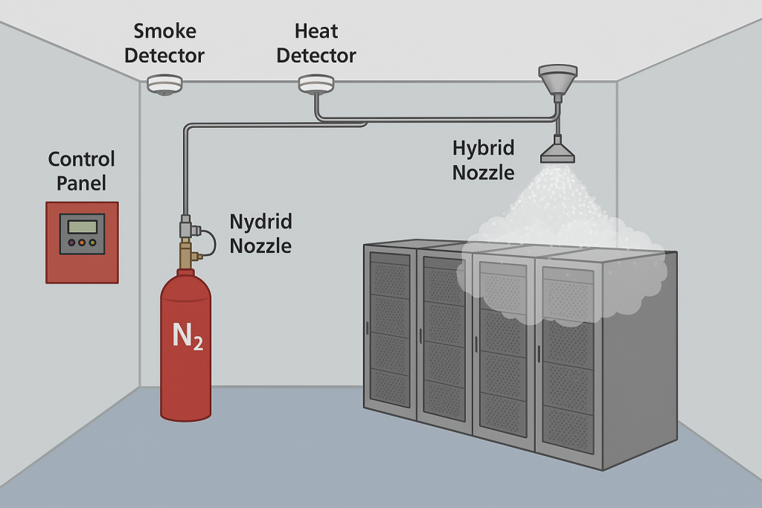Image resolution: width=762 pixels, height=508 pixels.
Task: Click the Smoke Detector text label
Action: coord(164,43)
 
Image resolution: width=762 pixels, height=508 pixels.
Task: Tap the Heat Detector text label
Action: coord(316,43)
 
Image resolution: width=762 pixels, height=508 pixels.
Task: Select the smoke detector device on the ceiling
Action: coord(164,84)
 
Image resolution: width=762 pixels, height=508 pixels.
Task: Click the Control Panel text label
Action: coord(82,171)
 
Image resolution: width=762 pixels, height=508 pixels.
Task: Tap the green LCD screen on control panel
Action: coord(82,225)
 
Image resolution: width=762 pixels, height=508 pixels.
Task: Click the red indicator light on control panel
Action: coord(71,242)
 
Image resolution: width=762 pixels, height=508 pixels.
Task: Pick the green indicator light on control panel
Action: coord(92,242)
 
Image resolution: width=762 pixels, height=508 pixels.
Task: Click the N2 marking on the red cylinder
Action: coord(188,336)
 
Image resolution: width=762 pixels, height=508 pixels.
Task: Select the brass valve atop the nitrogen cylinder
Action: coord(186,256)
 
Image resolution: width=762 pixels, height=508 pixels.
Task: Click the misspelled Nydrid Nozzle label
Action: coord(260,234)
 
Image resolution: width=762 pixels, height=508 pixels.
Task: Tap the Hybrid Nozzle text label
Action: coord(484,160)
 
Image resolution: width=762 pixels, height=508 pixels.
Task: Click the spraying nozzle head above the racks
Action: coord(557,152)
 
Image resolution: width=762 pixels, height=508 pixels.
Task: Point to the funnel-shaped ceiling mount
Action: coord(557,78)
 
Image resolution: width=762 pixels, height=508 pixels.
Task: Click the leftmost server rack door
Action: coord(390,327)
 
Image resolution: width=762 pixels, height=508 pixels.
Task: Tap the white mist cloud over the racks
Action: coord(558,253)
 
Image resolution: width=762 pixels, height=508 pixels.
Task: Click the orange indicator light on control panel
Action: coord(82,242)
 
